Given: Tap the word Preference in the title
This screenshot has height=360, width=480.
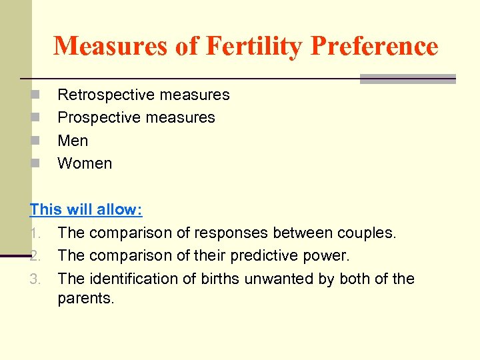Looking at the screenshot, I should coord(374,46).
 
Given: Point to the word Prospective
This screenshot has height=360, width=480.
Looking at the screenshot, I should coord(95,117).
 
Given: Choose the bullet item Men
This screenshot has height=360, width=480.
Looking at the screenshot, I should coord(73,141).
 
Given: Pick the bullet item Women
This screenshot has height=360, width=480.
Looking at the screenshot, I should coord(85,163).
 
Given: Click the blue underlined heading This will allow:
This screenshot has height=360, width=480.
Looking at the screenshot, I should coord(86,209).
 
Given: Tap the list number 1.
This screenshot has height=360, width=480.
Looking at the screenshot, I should coord(36,233).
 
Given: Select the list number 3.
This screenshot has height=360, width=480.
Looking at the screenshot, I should coord(36,279).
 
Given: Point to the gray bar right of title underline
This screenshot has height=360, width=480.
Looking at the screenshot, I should coord(407,79).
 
